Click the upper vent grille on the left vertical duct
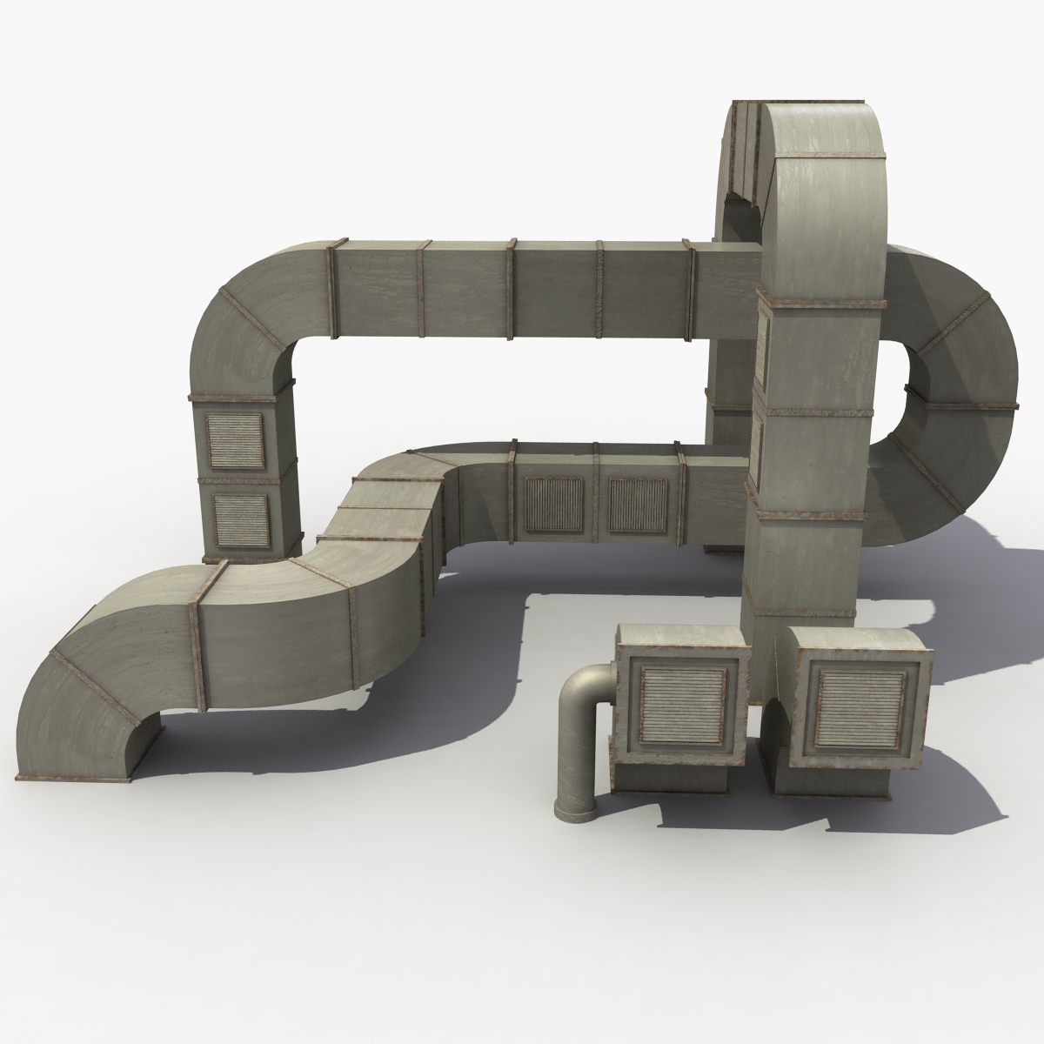pyautogui.click(x=234, y=438)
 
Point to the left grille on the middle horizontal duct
pyautogui.click(x=554, y=505)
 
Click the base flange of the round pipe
pyautogui.click(x=572, y=814)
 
